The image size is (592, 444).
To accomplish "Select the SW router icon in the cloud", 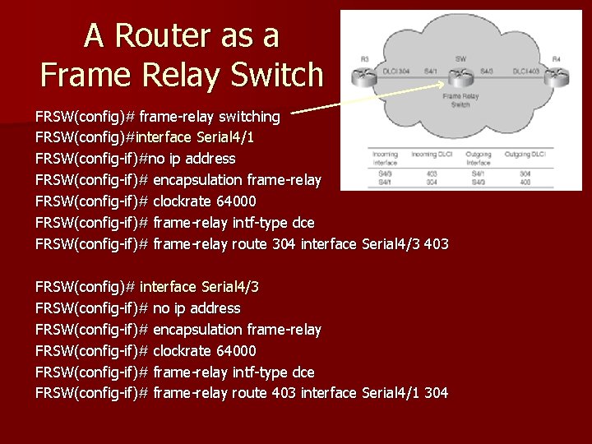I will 461,76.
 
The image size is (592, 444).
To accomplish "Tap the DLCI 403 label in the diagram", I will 525,72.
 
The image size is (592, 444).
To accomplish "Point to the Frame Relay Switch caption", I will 461,100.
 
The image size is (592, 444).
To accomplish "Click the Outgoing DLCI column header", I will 529,155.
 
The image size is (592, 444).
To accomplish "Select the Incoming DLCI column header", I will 430,155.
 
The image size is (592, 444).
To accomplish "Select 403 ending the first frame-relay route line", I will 436,244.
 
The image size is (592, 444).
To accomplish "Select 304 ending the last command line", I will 436,394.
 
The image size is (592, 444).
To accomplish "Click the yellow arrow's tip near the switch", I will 449,85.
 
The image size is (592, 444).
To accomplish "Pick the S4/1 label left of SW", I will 430,72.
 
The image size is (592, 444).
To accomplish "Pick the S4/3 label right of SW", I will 488,72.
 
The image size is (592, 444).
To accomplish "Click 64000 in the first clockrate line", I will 234,201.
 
